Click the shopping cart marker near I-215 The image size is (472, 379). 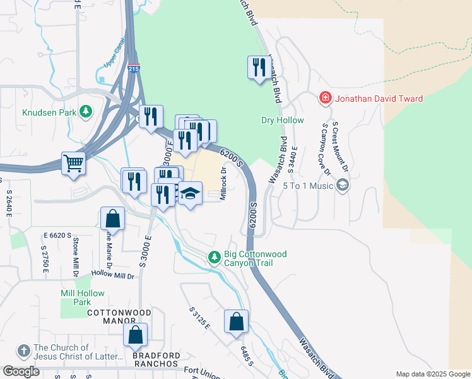(x=74, y=163)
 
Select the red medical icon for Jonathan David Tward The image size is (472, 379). (x=325, y=98)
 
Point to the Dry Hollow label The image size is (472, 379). (x=282, y=120)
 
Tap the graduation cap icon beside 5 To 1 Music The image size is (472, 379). (x=343, y=185)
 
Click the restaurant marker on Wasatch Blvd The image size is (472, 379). (x=258, y=66)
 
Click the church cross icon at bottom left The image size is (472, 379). (x=23, y=351)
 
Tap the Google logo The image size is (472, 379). (x=21, y=371)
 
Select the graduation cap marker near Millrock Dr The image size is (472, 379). (x=189, y=193)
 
